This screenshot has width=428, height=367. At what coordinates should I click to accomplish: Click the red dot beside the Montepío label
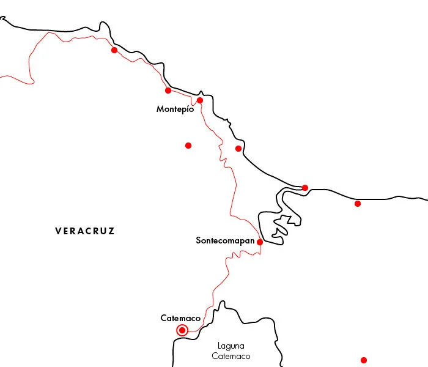(x=200, y=100)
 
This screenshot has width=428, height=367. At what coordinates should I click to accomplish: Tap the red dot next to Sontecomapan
(x=260, y=242)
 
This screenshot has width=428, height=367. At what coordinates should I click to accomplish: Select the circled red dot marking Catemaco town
(x=182, y=330)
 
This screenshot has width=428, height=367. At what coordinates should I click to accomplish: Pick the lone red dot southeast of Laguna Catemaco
(x=364, y=360)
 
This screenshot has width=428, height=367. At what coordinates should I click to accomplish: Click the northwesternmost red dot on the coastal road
(x=114, y=50)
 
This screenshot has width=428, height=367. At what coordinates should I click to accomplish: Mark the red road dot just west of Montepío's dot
(x=168, y=91)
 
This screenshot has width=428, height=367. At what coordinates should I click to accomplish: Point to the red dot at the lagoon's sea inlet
(x=305, y=187)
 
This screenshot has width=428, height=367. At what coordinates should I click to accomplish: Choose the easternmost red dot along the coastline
(x=358, y=204)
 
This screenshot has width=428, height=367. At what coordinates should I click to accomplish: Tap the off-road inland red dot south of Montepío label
(x=188, y=146)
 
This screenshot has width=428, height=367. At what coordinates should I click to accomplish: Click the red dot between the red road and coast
(x=238, y=149)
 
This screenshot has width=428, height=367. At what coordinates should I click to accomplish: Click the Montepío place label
(x=175, y=109)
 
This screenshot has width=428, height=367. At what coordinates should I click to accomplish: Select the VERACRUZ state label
(x=84, y=231)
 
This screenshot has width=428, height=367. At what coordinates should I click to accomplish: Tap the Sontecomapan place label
(x=225, y=240)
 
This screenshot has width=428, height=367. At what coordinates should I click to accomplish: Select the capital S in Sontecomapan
(x=199, y=240)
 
